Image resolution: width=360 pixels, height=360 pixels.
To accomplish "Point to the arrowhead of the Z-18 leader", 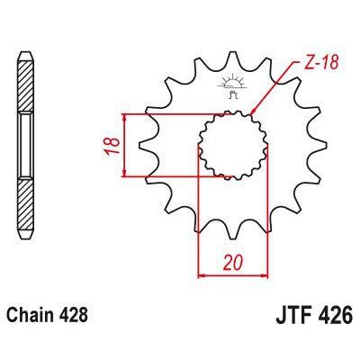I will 255,112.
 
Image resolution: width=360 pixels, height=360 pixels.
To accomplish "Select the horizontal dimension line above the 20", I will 232,275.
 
